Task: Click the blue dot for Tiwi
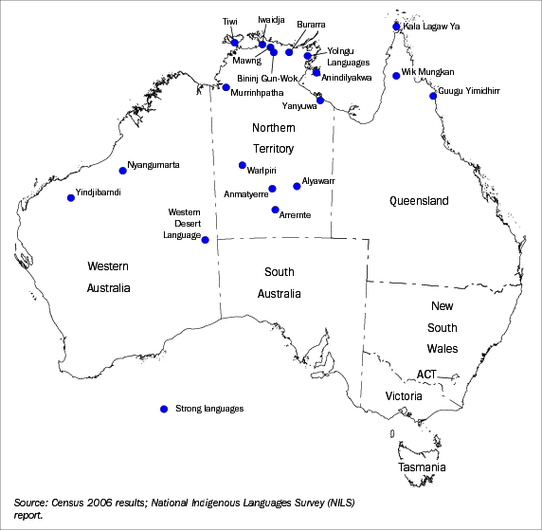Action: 234,42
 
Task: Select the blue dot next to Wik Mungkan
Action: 396,76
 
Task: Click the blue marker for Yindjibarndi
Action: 71,197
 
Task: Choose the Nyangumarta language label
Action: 154,165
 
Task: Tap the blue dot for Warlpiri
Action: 243,165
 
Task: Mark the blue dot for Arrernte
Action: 275,210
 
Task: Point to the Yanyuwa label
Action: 298,107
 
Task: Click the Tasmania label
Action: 421,468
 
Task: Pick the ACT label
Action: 426,375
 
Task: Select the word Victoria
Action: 404,395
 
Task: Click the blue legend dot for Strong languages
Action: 163,409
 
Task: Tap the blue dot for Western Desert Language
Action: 206,239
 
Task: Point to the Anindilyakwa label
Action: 348,77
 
